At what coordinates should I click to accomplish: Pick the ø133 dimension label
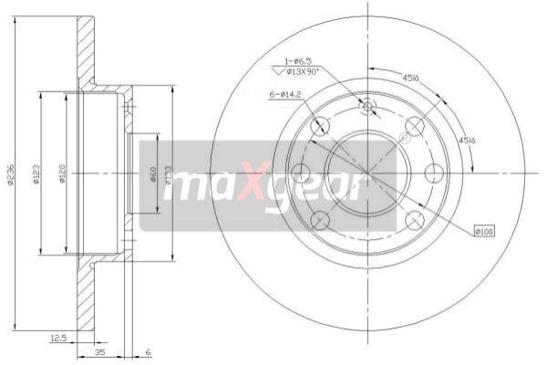[x=170, y=173]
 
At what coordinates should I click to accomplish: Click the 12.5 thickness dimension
[x=59, y=339]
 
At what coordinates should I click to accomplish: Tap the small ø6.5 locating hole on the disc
[x=368, y=108]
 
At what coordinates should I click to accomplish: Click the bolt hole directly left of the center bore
[x=300, y=172]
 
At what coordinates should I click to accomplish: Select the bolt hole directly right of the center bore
[x=435, y=172]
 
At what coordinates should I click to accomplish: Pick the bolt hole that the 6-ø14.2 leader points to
[x=320, y=127]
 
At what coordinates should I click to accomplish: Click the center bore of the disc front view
[x=367, y=172]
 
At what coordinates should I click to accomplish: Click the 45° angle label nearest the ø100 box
[x=466, y=141]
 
